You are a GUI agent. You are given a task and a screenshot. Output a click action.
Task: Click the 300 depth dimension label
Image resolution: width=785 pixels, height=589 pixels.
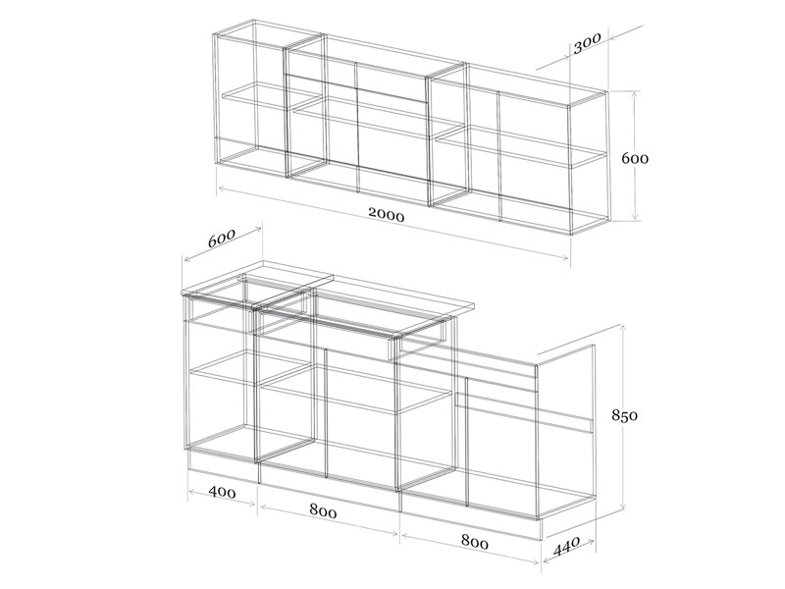587,44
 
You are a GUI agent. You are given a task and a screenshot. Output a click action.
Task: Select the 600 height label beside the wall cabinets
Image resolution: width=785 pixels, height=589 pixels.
635,159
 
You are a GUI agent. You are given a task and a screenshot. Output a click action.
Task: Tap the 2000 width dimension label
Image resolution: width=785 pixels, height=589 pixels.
387,214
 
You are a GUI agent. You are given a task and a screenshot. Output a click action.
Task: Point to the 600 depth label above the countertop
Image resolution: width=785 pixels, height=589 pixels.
222,238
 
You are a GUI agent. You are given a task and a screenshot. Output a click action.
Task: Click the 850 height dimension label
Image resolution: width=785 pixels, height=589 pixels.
624,415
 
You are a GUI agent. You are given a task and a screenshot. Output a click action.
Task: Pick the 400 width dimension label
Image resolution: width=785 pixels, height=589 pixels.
223,493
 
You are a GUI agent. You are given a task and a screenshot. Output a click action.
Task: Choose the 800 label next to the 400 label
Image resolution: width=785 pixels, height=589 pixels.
323,510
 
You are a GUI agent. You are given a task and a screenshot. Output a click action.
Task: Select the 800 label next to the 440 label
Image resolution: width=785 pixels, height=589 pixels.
474,542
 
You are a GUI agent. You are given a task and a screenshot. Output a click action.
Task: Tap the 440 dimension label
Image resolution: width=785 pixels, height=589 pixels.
566,547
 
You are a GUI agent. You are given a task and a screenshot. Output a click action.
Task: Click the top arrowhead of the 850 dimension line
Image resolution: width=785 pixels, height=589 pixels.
623,327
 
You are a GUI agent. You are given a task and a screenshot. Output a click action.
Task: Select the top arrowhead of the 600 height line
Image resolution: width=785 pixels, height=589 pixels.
635,94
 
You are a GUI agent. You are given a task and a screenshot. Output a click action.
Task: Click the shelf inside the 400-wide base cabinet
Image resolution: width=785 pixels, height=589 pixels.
249,367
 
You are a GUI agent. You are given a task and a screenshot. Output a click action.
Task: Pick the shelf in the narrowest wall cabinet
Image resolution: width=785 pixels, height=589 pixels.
272,96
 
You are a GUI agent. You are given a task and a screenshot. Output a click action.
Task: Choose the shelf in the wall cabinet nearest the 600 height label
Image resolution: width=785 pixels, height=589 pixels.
521,146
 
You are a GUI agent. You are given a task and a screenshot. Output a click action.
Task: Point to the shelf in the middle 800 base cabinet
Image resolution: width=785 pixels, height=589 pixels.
356,389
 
